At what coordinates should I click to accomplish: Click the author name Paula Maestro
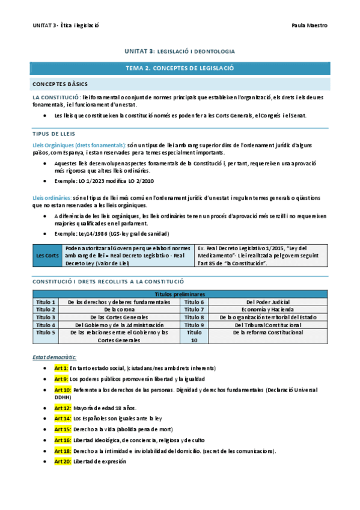tap(309, 25)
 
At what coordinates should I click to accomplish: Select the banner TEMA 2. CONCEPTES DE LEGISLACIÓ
tap(180, 69)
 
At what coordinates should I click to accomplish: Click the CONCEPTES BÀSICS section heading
tap(60, 84)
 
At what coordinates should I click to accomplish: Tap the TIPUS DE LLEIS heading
tap(53, 133)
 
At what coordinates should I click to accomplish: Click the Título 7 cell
tap(194, 309)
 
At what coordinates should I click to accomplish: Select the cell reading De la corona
tap(119, 309)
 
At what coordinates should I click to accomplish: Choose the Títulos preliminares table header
tap(180, 294)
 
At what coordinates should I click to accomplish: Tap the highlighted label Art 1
tap(61, 367)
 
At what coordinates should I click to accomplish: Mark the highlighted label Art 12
tap(63, 407)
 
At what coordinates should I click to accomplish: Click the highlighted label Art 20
tap(63, 461)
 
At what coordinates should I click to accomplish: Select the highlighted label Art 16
tap(63, 440)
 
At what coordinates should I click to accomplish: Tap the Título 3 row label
tap(46, 317)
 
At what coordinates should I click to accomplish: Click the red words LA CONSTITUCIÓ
tap(55, 97)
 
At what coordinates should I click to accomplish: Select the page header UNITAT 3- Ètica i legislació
tap(66, 25)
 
